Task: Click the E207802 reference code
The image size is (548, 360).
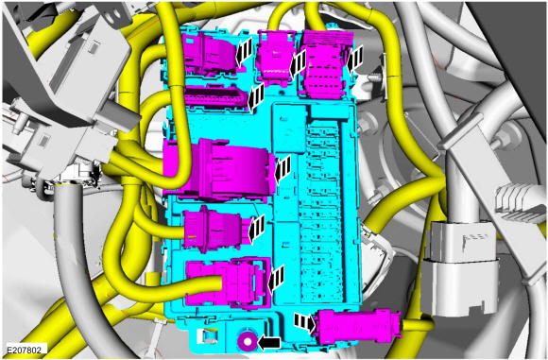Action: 25,350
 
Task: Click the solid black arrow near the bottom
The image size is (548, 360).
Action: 269,343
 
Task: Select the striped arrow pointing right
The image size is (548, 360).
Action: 305,322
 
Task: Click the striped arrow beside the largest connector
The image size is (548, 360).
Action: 283,169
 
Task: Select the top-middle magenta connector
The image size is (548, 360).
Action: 276,57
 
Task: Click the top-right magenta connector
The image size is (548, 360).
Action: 327,64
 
